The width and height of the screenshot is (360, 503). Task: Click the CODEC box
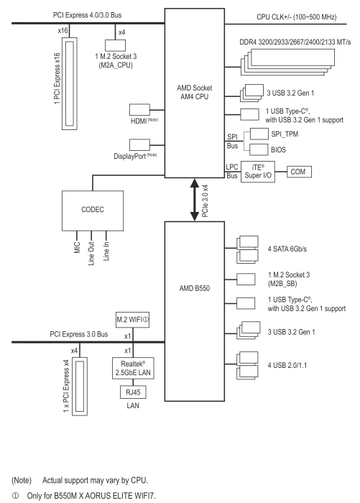pyautogui.click(x=93, y=211)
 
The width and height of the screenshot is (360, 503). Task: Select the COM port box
pyautogui.click(x=299, y=172)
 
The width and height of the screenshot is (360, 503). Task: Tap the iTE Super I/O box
pyautogui.click(x=258, y=172)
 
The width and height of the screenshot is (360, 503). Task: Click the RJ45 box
pyautogui.click(x=133, y=392)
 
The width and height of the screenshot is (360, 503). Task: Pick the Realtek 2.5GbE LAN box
pyautogui.click(x=133, y=368)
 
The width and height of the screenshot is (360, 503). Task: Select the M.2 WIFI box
pyautogui.click(x=132, y=320)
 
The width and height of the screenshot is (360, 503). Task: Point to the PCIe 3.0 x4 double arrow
pyautogui.click(x=195, y=200)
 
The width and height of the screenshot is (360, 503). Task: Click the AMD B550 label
pyautogui.click(x=195, y=288)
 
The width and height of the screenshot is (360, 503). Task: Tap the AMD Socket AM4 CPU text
pyautogui.click(x=195, y=92)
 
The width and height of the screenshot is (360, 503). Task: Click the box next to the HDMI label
pyautogui.click(x=139, y=110)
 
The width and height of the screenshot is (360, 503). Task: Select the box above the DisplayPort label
pyautogui.click(x=139, y=144)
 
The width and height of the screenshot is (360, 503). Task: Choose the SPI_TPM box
pyautogui.click(x=259, y=134)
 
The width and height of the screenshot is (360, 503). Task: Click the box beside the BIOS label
pyautogui.click(x=259, y=149)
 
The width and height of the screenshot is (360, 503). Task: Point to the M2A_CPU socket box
pyautogui.click(x=115, y=45)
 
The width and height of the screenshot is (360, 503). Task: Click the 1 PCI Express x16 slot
pyautogui.click(x=69, y=84)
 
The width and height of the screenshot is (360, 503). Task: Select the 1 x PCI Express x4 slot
pyautogui.click(x=79, y=387)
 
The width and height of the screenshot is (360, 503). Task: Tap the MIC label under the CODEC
pyautogui.click(x=77, y=248)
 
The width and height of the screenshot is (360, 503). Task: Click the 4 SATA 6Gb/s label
pyautogui.click(x=287, y=249)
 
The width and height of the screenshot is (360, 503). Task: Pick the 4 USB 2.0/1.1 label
pyautogui.click(x=287, y=365)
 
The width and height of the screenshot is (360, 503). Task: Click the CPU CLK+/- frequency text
pyautogui.click(x=297, y=17)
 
